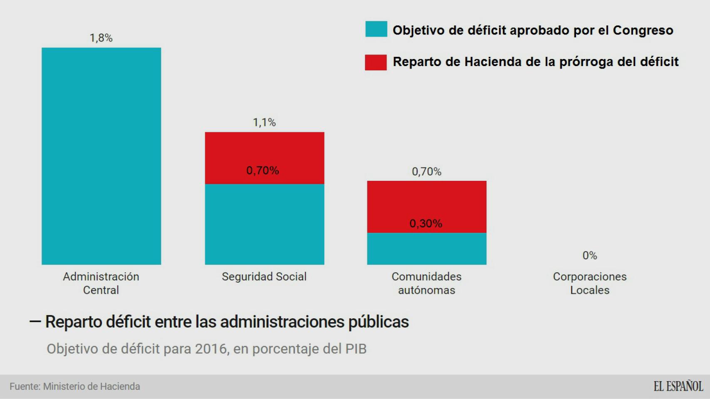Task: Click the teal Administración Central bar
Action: [101, 156]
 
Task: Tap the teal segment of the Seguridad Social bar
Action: [264, 224]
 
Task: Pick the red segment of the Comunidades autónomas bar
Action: [427, 202]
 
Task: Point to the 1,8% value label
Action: [101, 38]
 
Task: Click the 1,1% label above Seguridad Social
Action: [264, 122]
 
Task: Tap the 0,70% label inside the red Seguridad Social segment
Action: [263, 170]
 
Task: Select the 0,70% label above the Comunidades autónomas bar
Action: [427, 172]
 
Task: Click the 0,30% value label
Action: [426, 224]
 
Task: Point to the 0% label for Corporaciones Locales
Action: [590, 256]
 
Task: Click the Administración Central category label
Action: [101, 283]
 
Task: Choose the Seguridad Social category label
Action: [264, 277]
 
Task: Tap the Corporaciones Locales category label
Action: [590, 283]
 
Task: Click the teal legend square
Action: [376, 29]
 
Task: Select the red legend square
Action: [376, 62]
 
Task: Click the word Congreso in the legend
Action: [643, 30]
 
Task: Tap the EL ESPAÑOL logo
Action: [678, 386]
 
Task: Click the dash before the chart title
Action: [35, 321]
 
